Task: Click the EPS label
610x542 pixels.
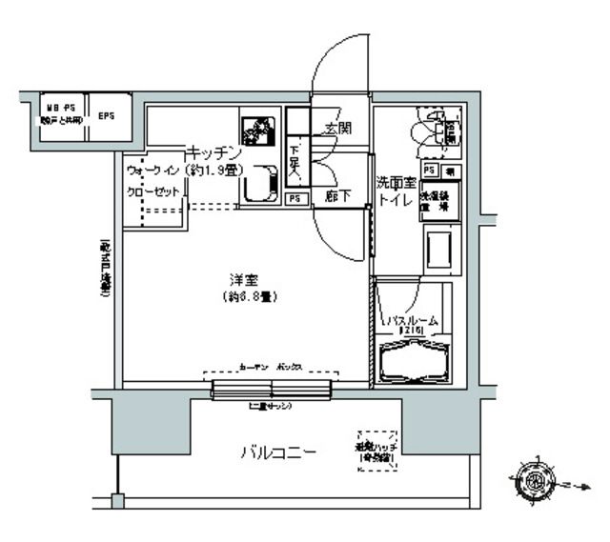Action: click(105, 116)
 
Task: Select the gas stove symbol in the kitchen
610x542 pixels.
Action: click(257, 130)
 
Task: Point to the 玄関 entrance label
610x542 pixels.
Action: click(337, 128)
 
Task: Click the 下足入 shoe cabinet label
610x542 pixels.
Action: click(295, 161)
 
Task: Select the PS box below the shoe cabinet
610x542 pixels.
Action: click(295, 199)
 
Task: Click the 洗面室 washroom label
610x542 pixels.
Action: click(396, 181)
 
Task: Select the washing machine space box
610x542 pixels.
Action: click(440, 201)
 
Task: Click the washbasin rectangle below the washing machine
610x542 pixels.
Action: click(440, 251)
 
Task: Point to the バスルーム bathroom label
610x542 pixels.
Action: click(414, 321)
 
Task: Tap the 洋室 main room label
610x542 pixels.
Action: click(241, 280)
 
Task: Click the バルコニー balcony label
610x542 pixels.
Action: click(277, 451)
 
